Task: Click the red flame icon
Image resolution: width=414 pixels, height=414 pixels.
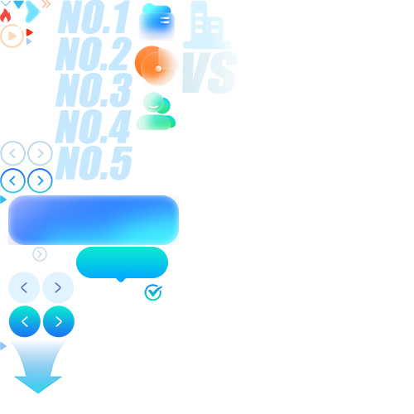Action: point(5,16)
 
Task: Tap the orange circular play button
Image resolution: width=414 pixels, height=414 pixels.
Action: point(12,36)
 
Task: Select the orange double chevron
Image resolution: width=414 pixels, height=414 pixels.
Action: point(46,4)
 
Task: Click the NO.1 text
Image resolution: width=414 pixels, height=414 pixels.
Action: point(94,17)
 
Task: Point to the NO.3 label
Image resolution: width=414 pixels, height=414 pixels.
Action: point(94,90)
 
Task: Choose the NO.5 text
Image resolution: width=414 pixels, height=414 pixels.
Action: point(94,163)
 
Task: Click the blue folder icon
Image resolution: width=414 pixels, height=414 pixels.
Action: point(156,22)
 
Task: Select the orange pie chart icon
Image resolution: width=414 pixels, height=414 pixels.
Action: point(156,65)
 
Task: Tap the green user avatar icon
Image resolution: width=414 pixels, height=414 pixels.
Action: point(156,111)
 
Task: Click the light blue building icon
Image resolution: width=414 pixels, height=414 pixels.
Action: point(207,25)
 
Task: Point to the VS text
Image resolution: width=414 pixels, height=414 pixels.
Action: point(209,72)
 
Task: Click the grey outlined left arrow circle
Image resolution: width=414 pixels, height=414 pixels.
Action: point(12,153)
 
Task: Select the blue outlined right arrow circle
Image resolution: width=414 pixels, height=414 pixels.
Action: point(40,181)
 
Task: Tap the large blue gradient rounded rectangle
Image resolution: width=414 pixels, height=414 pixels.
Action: point(94,220)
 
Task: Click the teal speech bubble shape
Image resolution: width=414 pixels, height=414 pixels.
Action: point(122,262)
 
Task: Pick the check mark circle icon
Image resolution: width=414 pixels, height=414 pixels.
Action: point(153,292)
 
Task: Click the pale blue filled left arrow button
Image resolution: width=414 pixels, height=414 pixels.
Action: point(24,287)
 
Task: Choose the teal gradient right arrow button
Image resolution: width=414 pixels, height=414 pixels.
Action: point(59,321)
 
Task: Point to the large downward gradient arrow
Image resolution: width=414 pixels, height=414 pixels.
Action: point(38,367)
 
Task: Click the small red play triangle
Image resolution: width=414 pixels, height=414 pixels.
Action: point(29,32)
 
